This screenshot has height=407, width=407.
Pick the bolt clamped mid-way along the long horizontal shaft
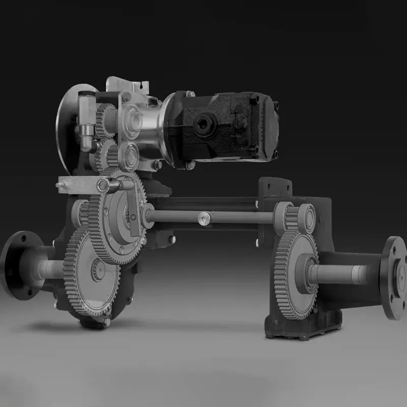coord(204,218)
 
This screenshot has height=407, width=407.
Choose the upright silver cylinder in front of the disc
coord(87,120)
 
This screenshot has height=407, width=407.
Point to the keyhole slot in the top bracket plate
coord(142,85)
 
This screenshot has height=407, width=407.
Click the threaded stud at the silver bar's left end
coord(59,185)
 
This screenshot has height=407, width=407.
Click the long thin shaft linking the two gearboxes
coord(236,217)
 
